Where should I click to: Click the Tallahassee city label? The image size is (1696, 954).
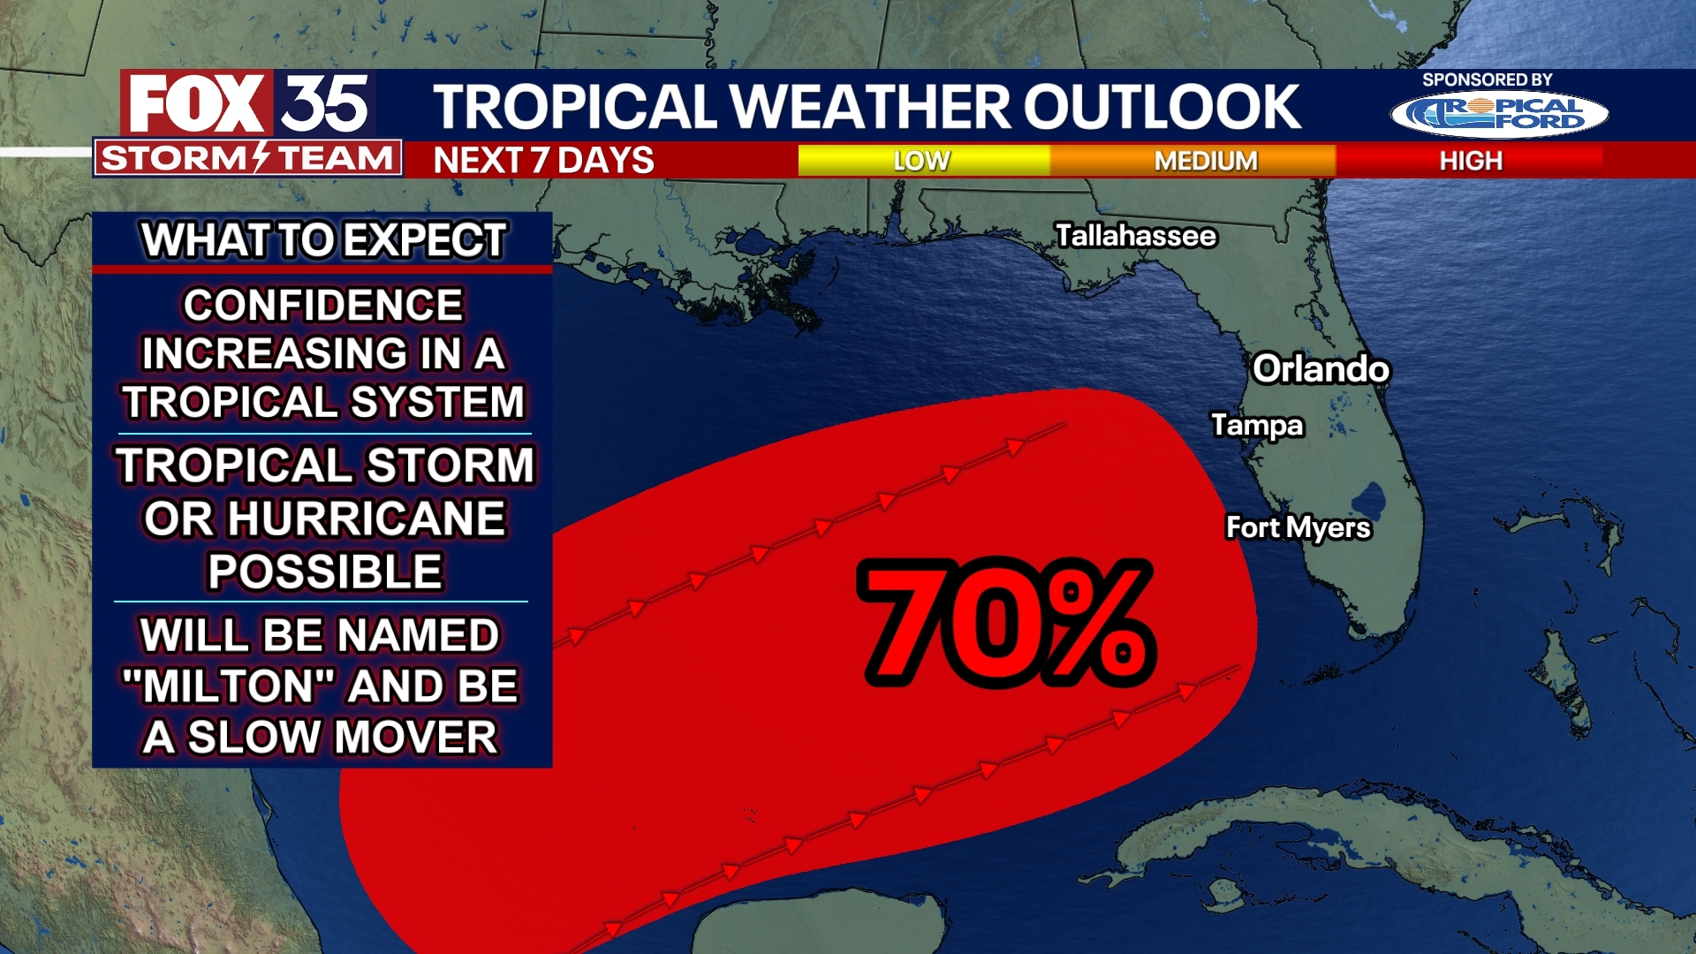(x=1136, y=236)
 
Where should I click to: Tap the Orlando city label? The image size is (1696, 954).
(x=1321, y=369)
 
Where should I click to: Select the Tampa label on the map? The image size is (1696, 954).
(x=1257, y=425)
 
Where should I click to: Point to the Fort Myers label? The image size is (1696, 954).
(x=1298, y=527)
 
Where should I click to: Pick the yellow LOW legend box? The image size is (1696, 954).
(x=923, y=161)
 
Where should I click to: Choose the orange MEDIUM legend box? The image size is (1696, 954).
(x=1205, y=161)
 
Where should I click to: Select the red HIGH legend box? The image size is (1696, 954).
(x=1470, y=161)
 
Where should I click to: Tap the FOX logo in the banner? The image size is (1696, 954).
(x=197, y=104)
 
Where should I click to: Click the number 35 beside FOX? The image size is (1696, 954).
(x=325, y=104)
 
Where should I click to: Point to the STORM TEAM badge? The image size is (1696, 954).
(x=247, y=158)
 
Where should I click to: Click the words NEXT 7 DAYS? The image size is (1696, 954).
(x=543, y=161)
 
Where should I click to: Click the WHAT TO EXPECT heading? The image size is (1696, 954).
(x=323, y=240)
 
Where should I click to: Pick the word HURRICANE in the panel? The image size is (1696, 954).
(x=366, y=519)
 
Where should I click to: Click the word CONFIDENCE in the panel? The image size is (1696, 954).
(x=323, y=306)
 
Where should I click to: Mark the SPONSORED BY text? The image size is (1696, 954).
(x=1487, y=79)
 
